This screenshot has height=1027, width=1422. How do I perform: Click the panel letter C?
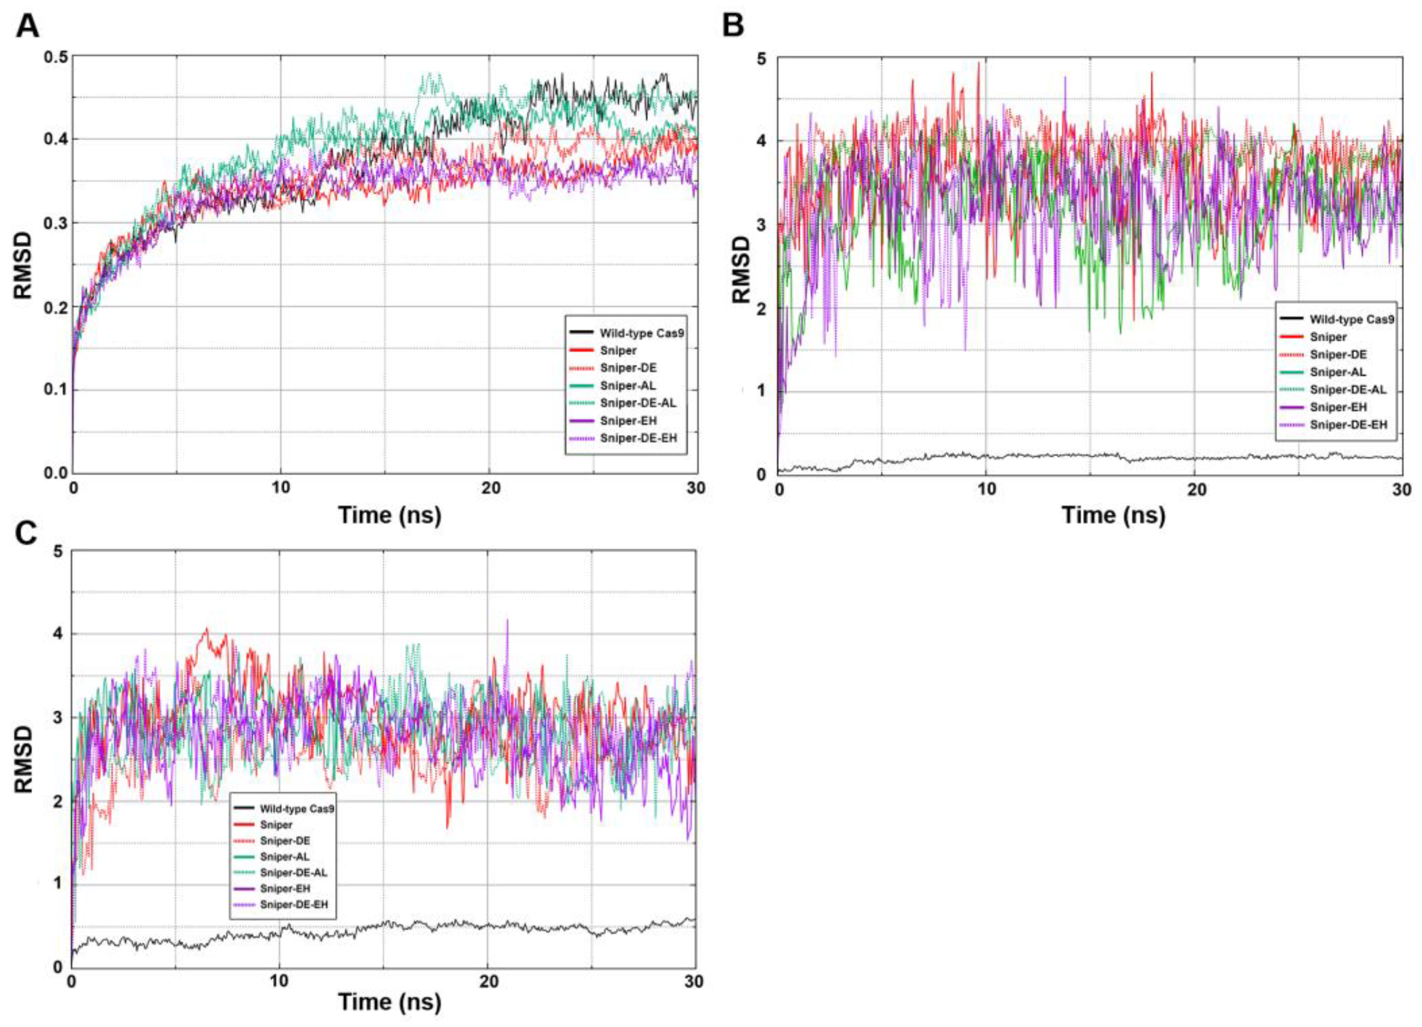coord(27,534)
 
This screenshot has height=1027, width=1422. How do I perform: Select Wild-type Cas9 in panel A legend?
coord(641,333)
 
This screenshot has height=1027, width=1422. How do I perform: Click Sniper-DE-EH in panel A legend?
coord(638,438)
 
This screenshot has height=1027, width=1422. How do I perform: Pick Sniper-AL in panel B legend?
coord(1337,372)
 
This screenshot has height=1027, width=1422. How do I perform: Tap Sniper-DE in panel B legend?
coord(1338,354)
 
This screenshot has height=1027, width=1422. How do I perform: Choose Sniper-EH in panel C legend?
coord(285,889)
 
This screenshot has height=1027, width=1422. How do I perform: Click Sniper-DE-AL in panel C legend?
coord(293,872)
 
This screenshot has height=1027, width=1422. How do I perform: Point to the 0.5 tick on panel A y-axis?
coord(56,56)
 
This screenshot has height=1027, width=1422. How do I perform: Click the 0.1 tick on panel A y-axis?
coord(56,390)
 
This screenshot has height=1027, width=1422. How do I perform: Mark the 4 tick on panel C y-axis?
coord(58,634)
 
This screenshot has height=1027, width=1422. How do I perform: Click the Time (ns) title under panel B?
coord(1113,515)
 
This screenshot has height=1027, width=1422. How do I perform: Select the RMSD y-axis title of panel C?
coord(23,759)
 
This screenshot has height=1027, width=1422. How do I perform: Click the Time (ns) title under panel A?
coord(390,515)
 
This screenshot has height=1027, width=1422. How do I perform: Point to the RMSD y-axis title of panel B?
coord(741,270)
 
